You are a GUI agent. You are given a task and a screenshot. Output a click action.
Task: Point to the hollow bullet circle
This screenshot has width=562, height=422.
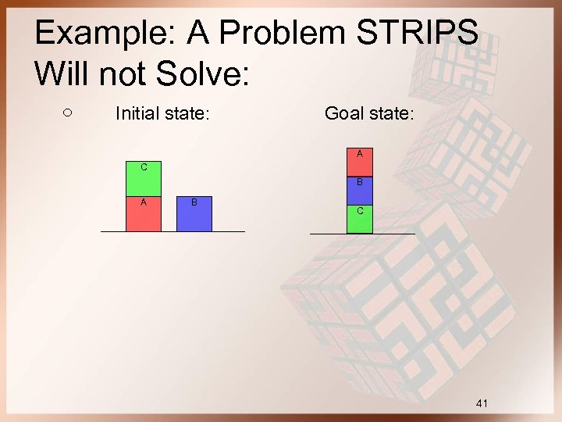(x=67, y=113)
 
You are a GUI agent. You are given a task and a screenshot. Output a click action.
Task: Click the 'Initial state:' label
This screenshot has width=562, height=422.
(x=162, y=114)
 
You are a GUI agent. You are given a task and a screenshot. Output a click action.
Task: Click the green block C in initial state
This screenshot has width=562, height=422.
(x=144, y=179)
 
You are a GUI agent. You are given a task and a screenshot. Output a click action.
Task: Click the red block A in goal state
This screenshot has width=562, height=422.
(x=360, y=163)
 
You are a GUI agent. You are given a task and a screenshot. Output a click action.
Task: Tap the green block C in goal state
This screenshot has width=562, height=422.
(x=360, y=219)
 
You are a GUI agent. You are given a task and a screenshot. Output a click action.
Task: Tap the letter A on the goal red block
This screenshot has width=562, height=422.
(x=360, y=154)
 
